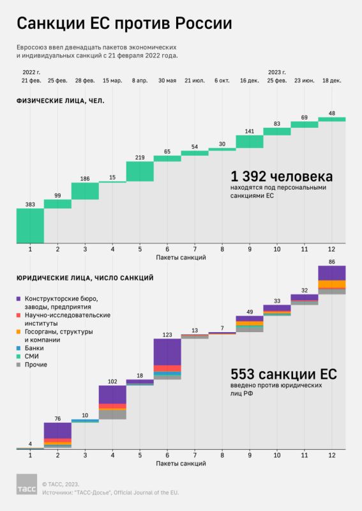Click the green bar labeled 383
(x=30, y=225)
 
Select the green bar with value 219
(x=140, y=171)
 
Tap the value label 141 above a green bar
(x=250, y=132)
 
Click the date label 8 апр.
(x=140, y=80)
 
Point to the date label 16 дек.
(x=250, y=80)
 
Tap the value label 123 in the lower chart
(x=167, y=334)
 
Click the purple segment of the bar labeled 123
(x=167, y=351)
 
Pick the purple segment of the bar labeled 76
(x=57, y=430)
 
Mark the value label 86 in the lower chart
(x=332, y=261)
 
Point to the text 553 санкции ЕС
(x=283, y=374)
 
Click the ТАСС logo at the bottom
(x=26, y=485)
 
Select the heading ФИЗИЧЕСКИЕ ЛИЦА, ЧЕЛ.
(x=60, y=101)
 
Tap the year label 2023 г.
(x=277, y=72)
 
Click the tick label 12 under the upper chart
(x=332, y=248)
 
